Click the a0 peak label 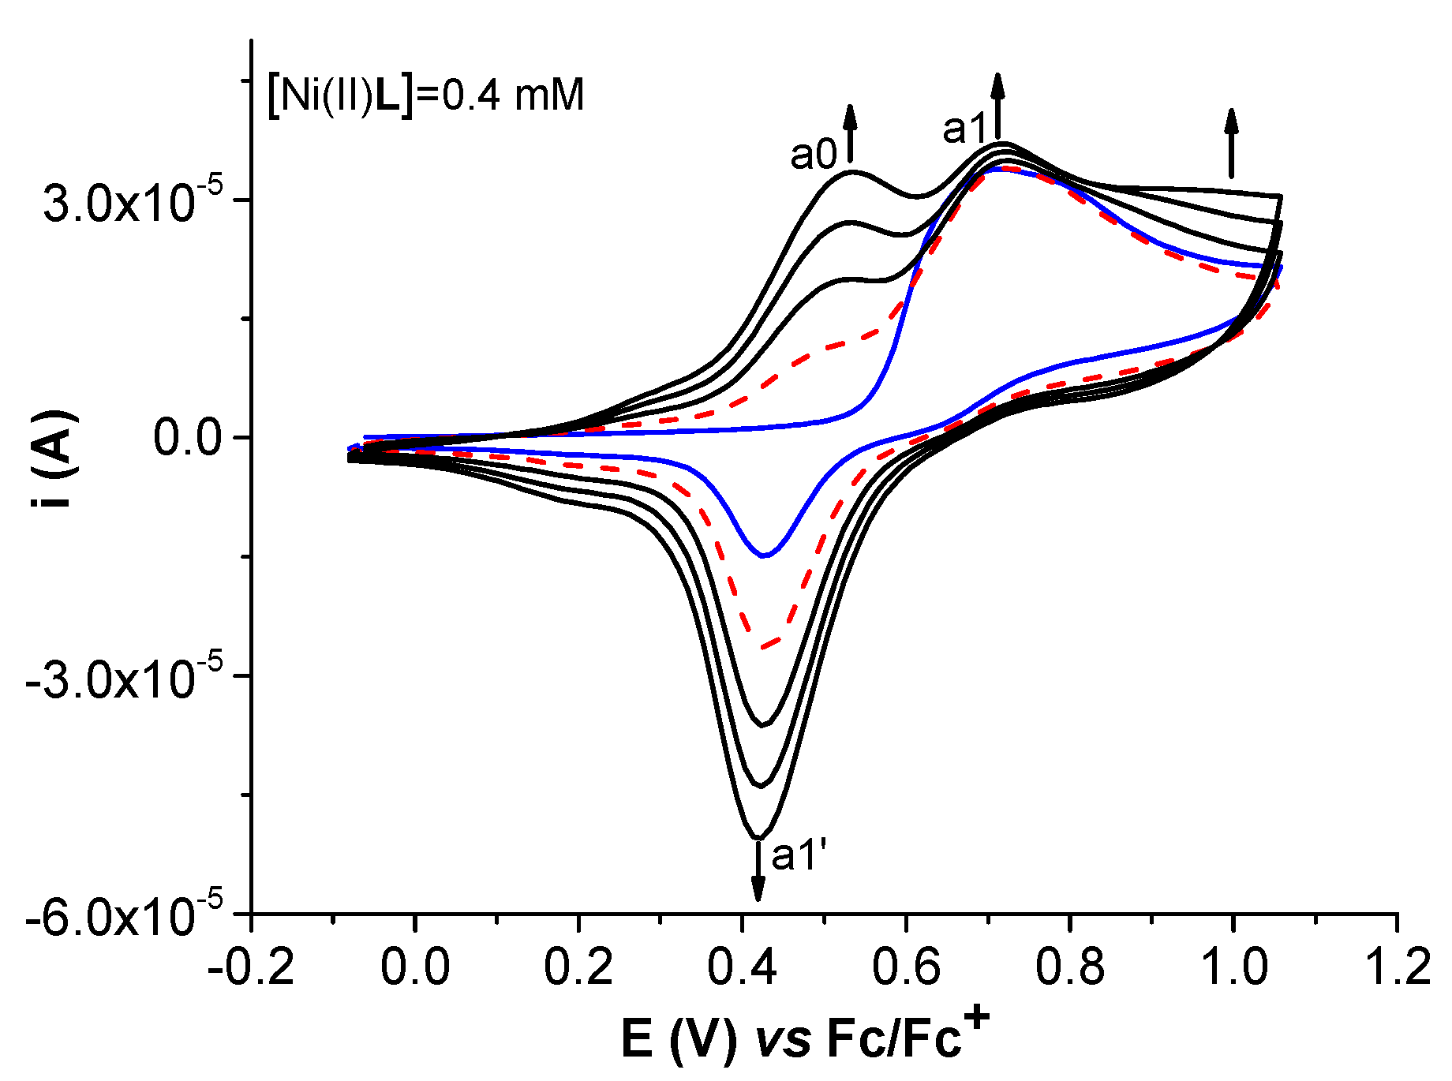[814, 155]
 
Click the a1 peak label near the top [966, 129]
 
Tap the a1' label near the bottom [799, 856]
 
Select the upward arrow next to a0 [850, 133]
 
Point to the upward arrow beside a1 [998, 107]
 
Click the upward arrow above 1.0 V [1231, 143]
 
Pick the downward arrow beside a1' [758, 870]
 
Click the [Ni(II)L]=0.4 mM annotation [426, 95]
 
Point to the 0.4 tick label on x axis [742, 967]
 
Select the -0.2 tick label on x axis [251, 967]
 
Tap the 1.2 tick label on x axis [1397, 967]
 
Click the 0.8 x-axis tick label [1069, 967]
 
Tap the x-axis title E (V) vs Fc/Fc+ [805, 1038]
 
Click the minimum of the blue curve [764, 556]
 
